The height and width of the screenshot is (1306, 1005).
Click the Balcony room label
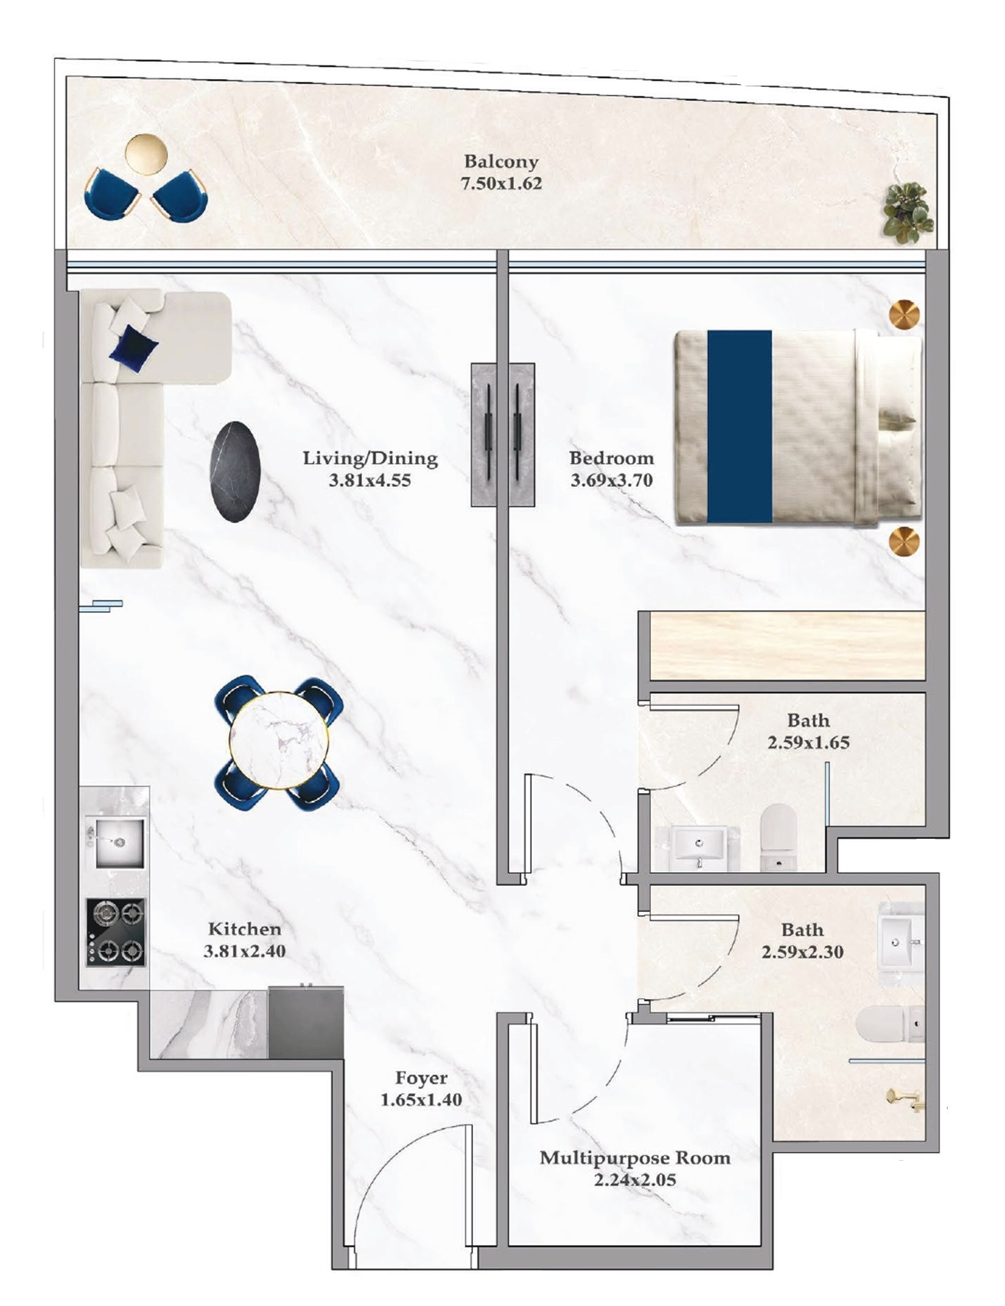click(x=501, y=161)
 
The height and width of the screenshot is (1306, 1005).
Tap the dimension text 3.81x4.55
click(x=370, y=480)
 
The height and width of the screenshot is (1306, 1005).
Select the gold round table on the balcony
click(x=146, y=155)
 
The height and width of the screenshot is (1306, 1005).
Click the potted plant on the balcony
click(x=908, y=212)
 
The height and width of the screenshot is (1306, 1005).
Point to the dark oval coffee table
click(x=235, y=472)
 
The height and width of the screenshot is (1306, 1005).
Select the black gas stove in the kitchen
click(x=116, y=932)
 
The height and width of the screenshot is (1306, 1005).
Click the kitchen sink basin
click(x=116, y=842)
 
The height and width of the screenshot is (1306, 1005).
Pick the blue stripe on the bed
click(x=739, y=427)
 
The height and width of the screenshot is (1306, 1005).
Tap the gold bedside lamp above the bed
click(x=905, y=315)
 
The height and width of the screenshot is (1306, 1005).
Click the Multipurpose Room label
click(x=635, y=1157)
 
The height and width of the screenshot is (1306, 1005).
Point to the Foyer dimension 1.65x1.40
click(x=422, y=1100)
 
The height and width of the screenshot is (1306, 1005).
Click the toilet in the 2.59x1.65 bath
click(x=779, y=837)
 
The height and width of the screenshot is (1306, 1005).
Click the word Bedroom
click(x=612, y=459)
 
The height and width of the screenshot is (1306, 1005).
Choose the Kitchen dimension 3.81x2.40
click(x=245, y=951)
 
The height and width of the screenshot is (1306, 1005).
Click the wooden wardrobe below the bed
click(x=787, y=646)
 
